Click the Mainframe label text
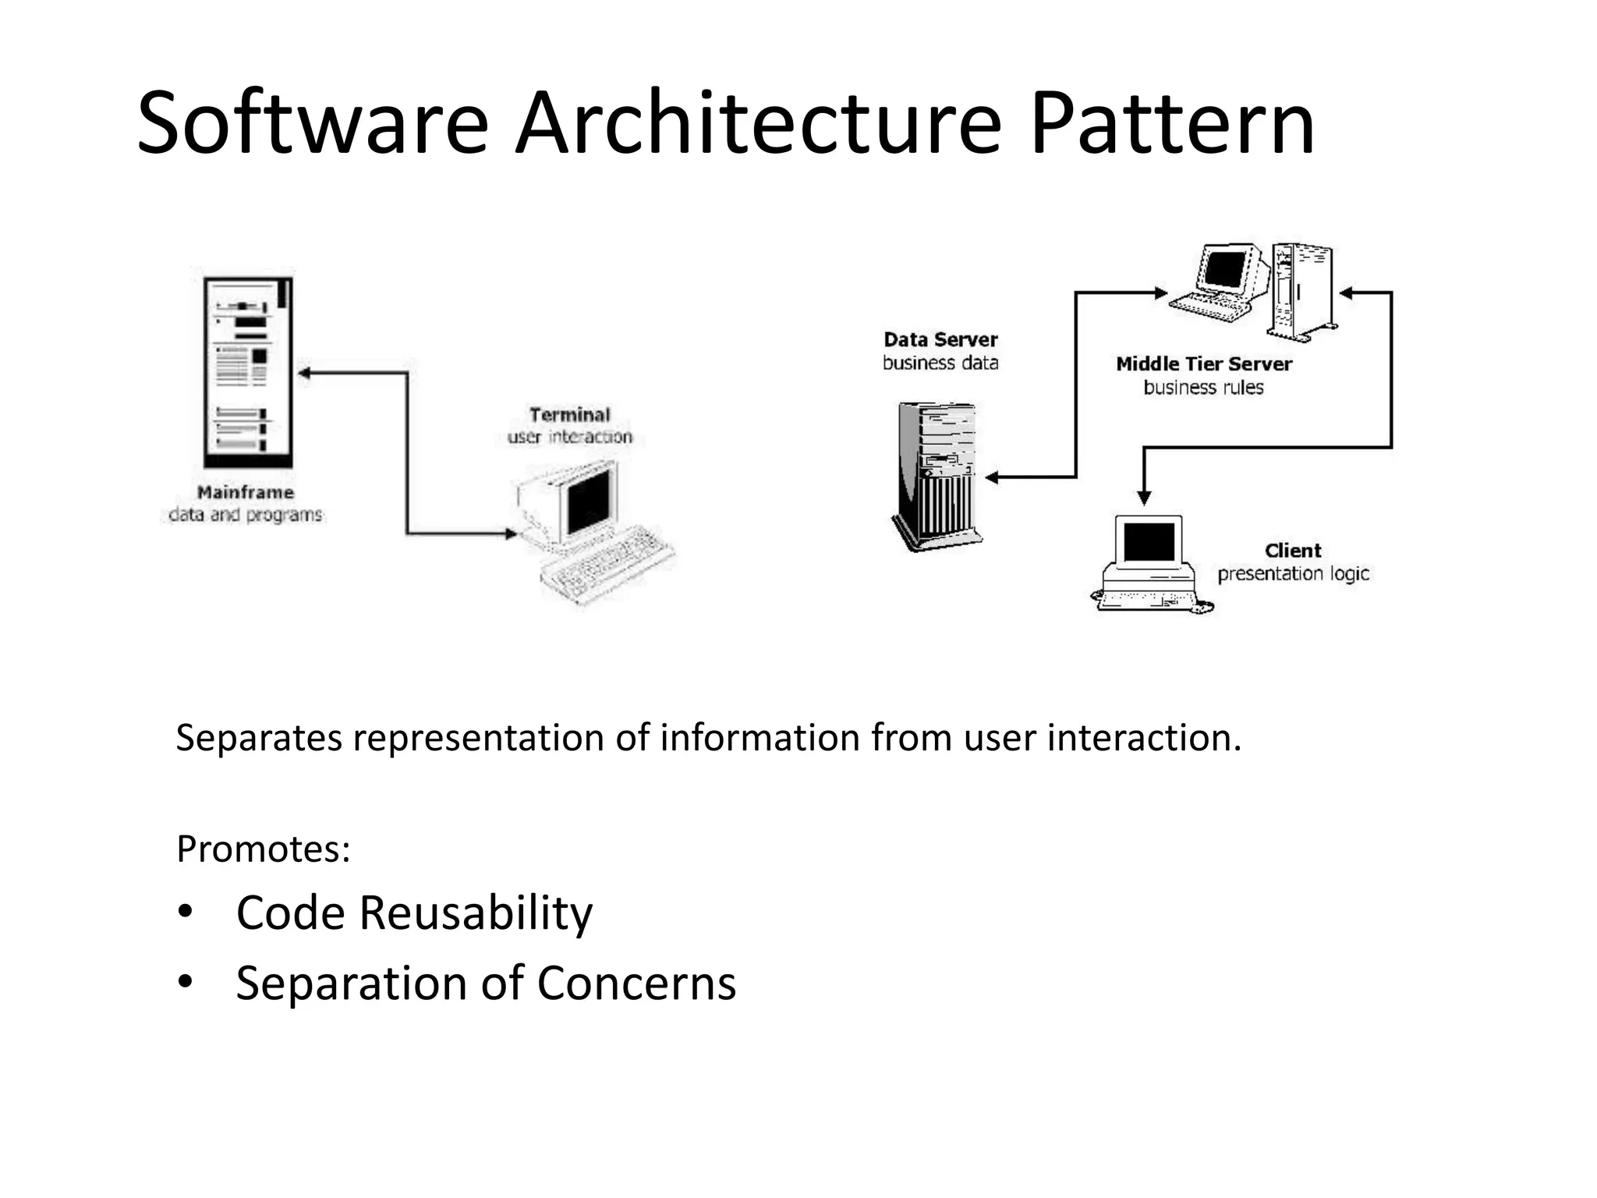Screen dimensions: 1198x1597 [245, 492]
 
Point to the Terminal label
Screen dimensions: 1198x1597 [569, 414]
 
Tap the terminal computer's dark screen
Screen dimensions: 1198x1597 [589, 499]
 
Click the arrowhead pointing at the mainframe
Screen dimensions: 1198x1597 [305, 374]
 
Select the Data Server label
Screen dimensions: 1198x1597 [940, 339]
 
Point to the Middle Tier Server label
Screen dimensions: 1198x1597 [1203, 363]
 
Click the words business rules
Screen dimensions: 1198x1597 [1203, 388]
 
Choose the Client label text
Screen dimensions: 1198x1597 [1292, 551]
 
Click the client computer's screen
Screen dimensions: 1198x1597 [1149, 541]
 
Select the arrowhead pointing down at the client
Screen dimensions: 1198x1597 [1144, 498]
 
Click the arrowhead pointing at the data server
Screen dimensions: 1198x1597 [993, 477]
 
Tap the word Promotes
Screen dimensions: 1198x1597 [263, 849]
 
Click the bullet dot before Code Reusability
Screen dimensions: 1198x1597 [185, 911]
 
